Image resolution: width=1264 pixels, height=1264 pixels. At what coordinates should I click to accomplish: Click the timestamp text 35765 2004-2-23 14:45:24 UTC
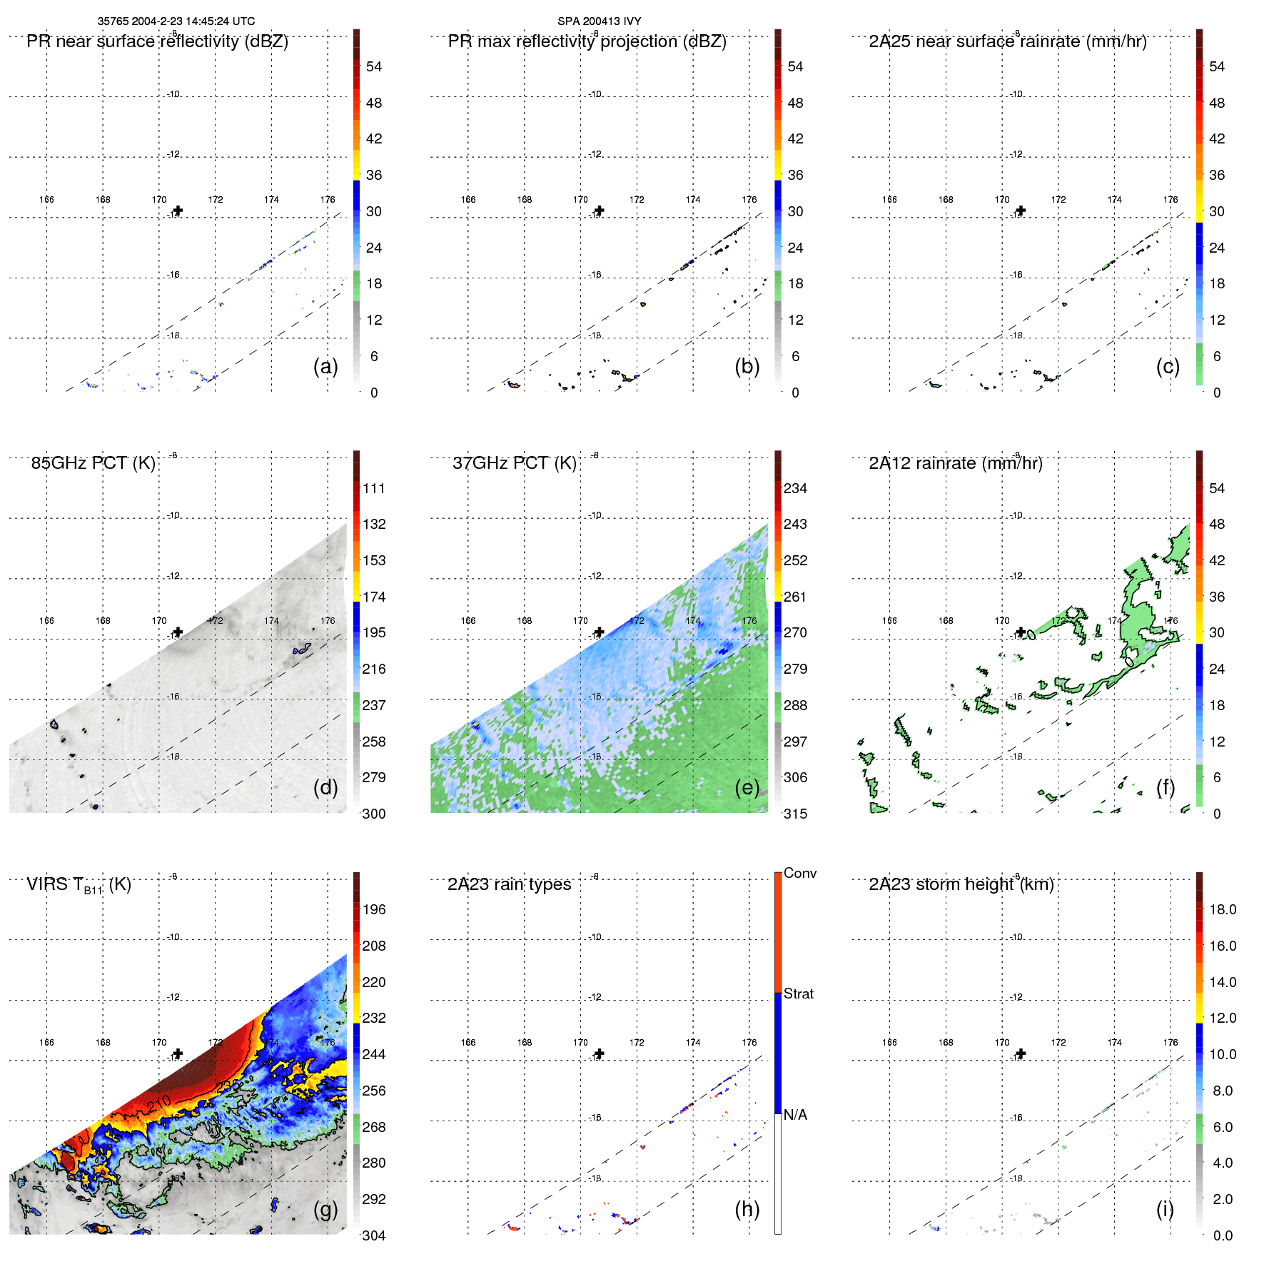(176, 21)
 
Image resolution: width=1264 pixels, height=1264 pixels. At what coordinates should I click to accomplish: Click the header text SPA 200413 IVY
(599, 21)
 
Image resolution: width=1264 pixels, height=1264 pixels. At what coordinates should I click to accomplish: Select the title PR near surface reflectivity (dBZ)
(157, 41)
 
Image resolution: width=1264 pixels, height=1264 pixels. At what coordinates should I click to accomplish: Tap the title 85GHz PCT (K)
(93, 463)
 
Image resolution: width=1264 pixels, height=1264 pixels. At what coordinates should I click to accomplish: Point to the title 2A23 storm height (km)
(961, 884)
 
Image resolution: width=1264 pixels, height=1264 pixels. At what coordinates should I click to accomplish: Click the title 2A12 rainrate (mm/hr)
(955, 463)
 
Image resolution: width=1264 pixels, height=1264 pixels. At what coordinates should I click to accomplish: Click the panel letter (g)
(325, 1209)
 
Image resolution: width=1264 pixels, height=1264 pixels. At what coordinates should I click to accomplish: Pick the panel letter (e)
(747, 787)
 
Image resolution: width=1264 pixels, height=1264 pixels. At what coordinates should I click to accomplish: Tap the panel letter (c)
(1168, 366)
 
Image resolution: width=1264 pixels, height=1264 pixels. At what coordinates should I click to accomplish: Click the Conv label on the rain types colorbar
(799, 873)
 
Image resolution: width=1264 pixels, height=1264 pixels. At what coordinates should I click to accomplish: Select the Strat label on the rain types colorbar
(798, 993)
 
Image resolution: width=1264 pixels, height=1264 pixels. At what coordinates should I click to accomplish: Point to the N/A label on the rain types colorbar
(795, 1115)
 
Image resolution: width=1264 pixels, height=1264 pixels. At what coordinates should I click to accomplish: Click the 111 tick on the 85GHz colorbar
(373, 488)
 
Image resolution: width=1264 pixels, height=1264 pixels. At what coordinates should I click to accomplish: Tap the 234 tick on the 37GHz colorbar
(795, 488)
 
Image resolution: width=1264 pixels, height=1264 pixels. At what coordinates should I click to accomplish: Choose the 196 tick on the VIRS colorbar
(373, 909)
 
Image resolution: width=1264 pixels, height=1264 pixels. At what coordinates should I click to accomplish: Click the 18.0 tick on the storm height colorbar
(1222, 909)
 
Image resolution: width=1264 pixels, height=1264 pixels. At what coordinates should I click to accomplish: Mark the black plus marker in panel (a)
(178, 211)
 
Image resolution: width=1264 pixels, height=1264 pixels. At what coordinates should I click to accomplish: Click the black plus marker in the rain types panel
(600, 1053)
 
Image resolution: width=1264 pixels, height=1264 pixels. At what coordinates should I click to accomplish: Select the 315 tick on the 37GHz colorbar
(795, 814)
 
